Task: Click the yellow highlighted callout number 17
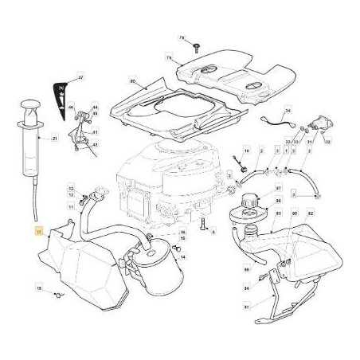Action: click(39, 232)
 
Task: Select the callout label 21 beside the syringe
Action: click(55, 139)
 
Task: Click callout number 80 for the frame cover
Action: click(132, 80)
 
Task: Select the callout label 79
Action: click(168, 58)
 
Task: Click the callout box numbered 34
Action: click(288, 112)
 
